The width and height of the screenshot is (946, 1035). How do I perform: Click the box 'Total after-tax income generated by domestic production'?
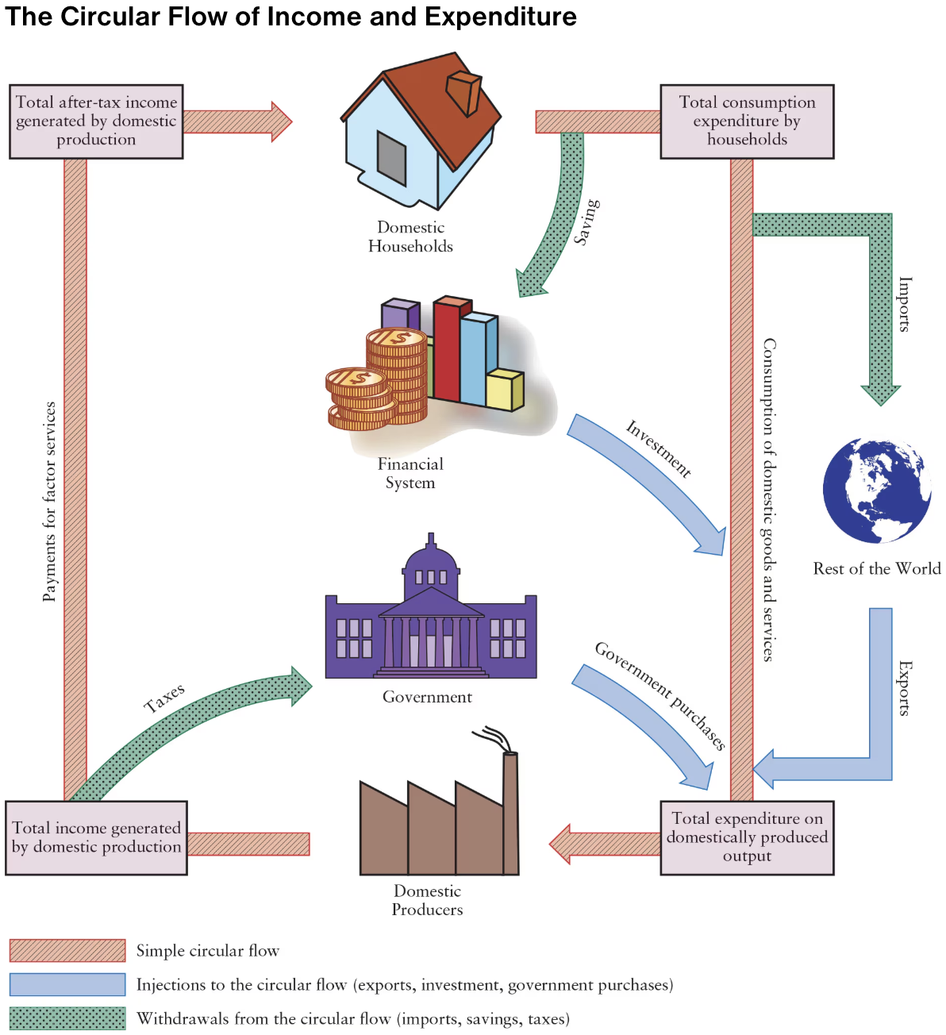[96, 121]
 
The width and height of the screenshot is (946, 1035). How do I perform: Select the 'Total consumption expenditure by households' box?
[747, 121]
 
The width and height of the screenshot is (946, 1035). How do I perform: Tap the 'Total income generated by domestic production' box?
[96, 837]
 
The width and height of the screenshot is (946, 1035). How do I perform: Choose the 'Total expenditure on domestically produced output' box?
[747, 837]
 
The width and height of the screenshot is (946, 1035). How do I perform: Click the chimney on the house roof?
[463, 92]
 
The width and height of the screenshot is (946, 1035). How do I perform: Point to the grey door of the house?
[391, 158]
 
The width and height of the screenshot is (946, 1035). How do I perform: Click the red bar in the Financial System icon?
[448, 349]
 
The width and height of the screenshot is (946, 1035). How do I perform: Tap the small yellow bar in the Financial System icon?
[505, 390]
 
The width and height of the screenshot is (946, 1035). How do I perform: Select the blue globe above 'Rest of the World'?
[877, 491]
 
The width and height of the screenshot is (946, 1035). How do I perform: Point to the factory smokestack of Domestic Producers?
[510, 810]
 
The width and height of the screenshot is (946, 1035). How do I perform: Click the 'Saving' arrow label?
[586, 222]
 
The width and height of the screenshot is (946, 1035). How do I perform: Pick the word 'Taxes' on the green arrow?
[164, 698]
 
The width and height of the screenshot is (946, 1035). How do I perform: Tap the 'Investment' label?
[659, 448]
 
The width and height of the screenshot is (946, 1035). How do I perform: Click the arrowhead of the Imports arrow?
[881, 394]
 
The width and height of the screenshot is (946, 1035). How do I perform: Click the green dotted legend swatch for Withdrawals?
[67, 1018]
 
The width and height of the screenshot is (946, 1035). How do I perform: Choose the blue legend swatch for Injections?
[67, 984]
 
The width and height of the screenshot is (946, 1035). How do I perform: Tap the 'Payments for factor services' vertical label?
[49, 502]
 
